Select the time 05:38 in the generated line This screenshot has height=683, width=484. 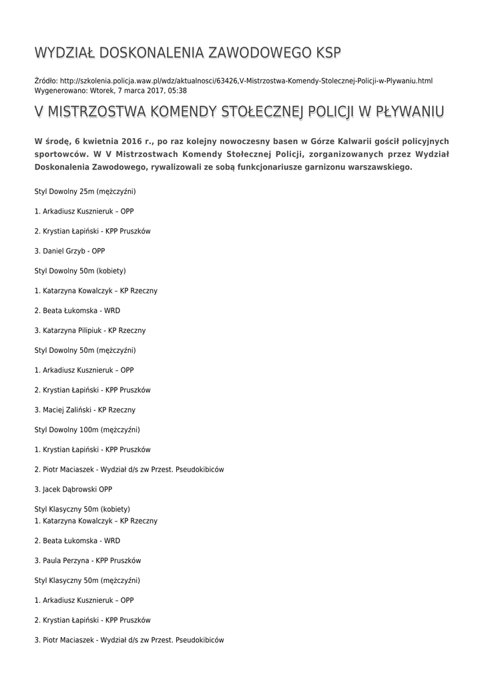[178, 91]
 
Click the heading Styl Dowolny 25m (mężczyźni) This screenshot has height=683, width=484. [85, 191]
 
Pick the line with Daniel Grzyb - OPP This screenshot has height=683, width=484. [69, 251]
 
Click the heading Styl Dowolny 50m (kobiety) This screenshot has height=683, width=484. [80, 271]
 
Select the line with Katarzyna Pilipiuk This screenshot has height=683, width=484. [90, 330]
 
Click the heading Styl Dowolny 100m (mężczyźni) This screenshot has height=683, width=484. [87, 430]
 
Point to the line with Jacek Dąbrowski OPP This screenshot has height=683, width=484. [73, 489]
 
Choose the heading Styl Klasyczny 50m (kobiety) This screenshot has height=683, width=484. [82, 509]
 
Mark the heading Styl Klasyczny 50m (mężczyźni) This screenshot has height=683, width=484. [87, 580]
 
